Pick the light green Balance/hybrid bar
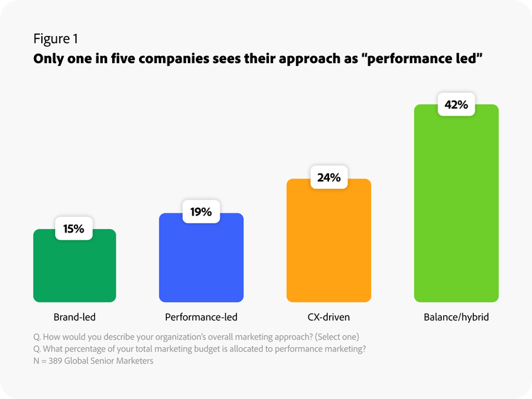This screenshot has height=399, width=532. pos(456,213)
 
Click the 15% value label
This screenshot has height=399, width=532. pos(74,229)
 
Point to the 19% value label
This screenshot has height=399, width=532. pos(201,212)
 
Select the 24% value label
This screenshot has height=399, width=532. pos(328,178)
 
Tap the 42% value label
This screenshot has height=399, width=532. pos(455,105)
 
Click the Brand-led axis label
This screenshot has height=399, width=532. pos(74,317)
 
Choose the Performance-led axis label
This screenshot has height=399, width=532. pos(201,317)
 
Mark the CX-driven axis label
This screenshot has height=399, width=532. pos(328,317)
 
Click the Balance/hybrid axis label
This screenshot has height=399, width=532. pos(456,317)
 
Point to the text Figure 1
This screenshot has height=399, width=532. pos(56,38)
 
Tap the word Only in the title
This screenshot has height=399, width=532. pos(48,59)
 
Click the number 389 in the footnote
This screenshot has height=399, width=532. pos(60,361)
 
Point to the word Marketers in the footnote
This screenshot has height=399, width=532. pos(133,361)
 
